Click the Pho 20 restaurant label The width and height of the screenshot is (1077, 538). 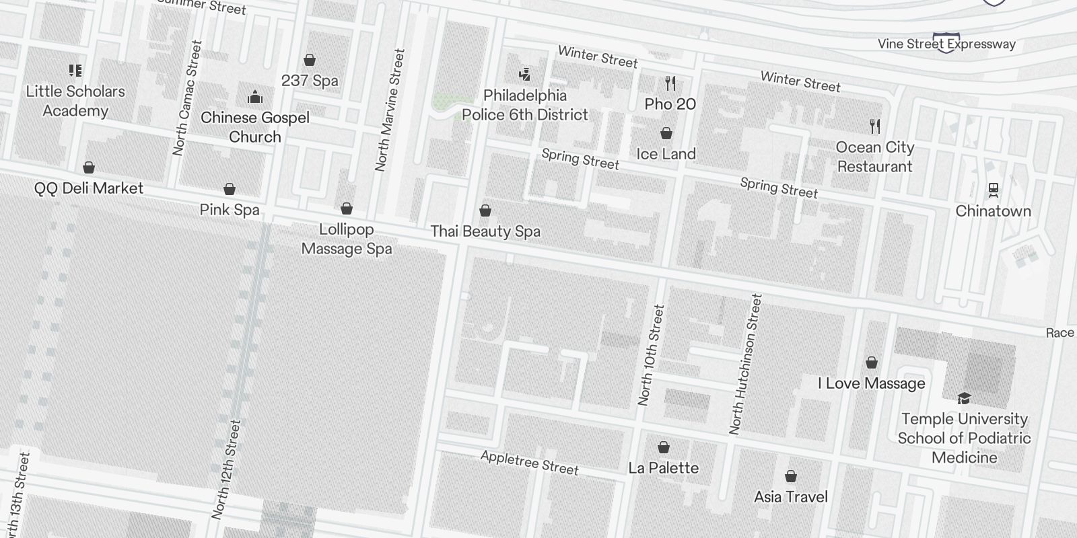tap(670, 104)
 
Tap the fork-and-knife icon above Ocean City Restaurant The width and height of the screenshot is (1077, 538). tap(874, 126)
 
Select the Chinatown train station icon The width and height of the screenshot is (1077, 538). tap(993, 190)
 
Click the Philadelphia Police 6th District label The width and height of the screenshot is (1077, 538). tap(525, 105)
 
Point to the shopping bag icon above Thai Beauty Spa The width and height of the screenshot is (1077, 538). tap(485, 211)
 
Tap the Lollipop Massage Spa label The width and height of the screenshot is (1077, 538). tap(346, 239)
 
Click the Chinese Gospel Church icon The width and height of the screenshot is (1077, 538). tap(254, 98)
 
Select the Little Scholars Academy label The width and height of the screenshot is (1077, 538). tap(75, 101)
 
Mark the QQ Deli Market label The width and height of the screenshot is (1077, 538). tap(89, 188)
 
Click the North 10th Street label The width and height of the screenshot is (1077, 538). tap(651, 355)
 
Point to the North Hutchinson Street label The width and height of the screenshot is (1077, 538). tap(746, 363)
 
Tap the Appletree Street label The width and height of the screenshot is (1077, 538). tap(529, 463)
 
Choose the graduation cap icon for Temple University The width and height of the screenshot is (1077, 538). tap(964, 398)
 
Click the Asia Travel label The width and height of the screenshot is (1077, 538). tap(791, 497)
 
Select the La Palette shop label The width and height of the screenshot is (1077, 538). tap(663, 468)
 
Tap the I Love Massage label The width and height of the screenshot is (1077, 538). tap(871, 383)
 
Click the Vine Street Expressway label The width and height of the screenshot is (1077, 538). tap(946, 44)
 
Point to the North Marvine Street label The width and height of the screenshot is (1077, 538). tap(390, 110)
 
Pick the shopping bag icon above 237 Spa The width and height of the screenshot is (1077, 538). tap(310, 61)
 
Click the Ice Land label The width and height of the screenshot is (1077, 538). tap(666, 154)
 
